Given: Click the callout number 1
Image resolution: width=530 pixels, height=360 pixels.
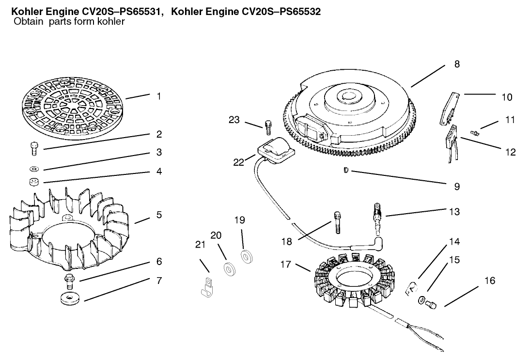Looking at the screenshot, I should coord(158,96).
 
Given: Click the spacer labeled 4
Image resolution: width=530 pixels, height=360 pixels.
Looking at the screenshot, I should coord(34,183).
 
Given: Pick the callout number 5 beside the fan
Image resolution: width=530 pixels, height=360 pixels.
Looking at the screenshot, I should coord(158,215).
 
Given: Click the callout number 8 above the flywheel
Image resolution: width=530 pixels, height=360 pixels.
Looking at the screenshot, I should coord(457,64).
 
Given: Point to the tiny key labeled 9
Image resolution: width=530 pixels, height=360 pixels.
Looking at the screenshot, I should coord(345,170).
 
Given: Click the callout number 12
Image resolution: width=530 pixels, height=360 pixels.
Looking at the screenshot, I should coord(510,152).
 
